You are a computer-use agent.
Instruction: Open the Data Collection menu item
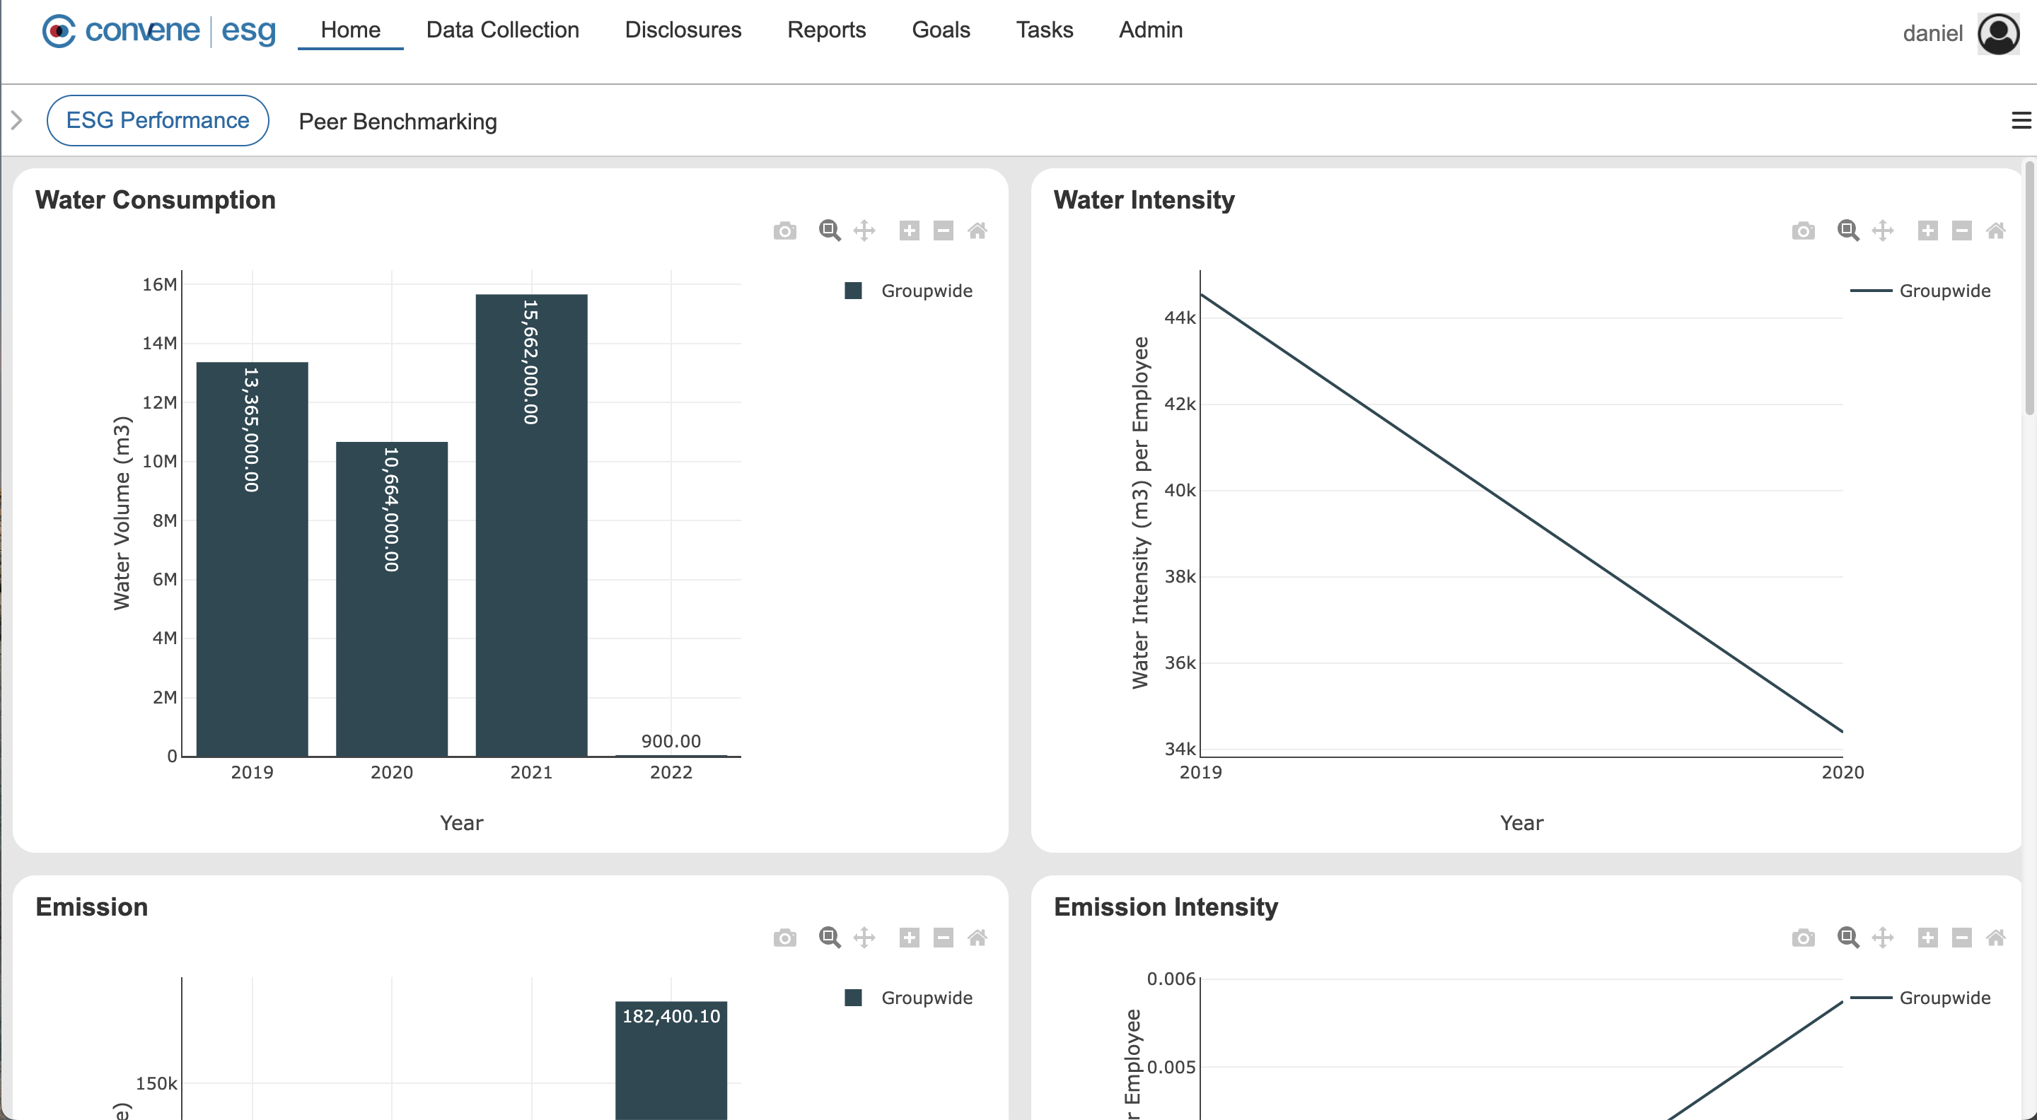tap(502, 30)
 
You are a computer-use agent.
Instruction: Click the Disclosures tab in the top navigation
tap(683, 30)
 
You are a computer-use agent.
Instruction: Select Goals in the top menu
tap(940, 30)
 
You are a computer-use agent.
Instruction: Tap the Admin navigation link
tap(1150, 30)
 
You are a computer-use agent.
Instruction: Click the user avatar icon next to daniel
tap(1997, 33)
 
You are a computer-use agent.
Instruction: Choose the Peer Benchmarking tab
tap(397, 122)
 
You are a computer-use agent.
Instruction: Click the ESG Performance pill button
tap(157, 120)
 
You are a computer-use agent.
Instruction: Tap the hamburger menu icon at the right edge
tap(2021, 120)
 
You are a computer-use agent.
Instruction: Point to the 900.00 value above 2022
tap(671, 740)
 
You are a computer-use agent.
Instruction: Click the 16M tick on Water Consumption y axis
tap(159, 284)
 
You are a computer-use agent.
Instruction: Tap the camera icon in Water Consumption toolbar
tap(784, 231)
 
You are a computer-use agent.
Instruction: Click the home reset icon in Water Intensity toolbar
tap(1995, 231)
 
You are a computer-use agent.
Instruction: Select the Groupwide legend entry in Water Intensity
tap(1944, 291)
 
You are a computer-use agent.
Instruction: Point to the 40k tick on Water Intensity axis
tap(1179, 490)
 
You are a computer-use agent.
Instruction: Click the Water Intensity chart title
tap(1144, 200)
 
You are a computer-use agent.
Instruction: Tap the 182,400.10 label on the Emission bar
tap(671, 1015)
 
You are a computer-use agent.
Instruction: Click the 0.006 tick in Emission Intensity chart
tap(1171, 979)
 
